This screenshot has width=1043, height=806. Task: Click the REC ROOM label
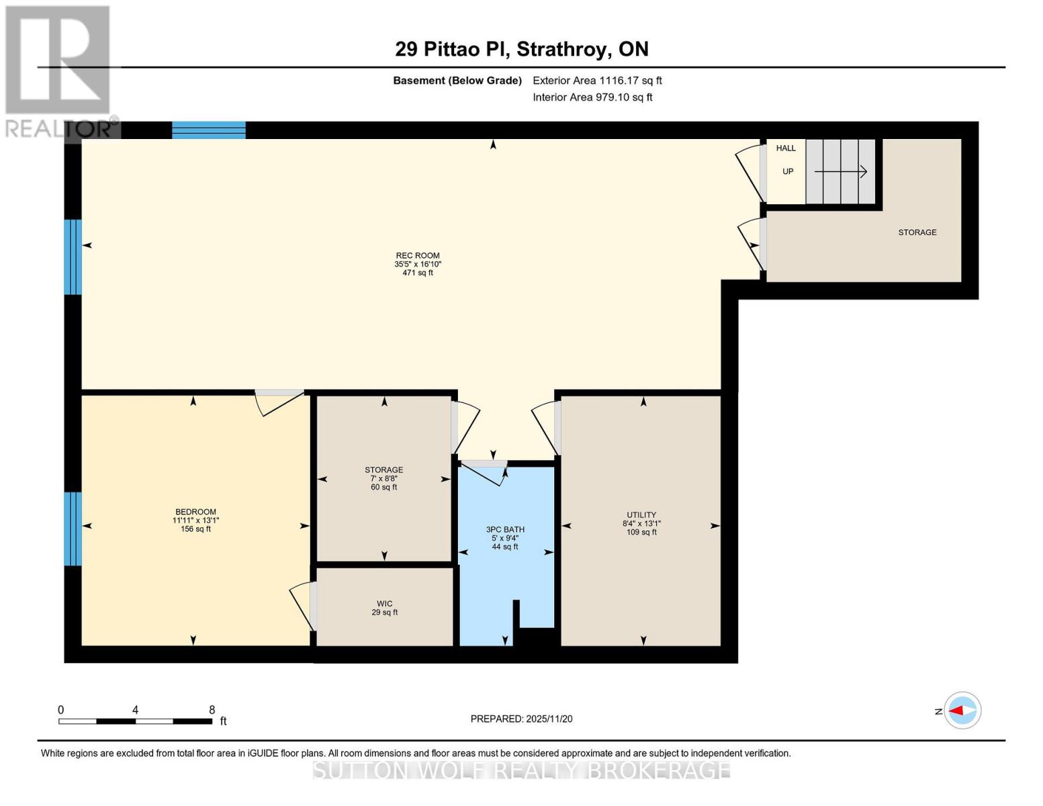click(x=417, y=255)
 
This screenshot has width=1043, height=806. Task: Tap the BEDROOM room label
click(x=195, y=512)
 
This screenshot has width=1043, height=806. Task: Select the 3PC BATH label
click(x=505, y=529)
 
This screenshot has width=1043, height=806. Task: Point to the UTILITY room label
click(x=641, y=515)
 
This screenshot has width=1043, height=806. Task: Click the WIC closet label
click(x=384, y=604)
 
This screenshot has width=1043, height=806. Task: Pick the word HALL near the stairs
click(x=786, y=148)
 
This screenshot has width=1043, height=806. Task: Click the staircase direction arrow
click(x=840, y=172)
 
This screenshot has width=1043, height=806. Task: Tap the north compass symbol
click(x=962, y=710)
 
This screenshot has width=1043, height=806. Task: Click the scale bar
click(x=135, y=721)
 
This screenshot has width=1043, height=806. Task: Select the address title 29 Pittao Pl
click(x=521, y=49)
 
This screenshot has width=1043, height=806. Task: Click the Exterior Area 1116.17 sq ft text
click(x=597, y=81)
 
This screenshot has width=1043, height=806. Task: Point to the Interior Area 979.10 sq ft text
click(x=592, y=97)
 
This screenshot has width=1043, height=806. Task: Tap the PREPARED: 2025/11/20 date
click(x=521, y=719)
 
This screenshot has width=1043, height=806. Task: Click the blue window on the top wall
click(x=208, y=130)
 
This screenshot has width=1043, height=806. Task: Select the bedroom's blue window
click(x=73, y=529)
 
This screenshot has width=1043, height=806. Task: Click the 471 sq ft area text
click(x=417, y=273)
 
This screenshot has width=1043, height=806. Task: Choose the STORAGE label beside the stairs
click(x=917, y=232)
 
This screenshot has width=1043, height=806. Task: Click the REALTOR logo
click(x=59, y=71)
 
